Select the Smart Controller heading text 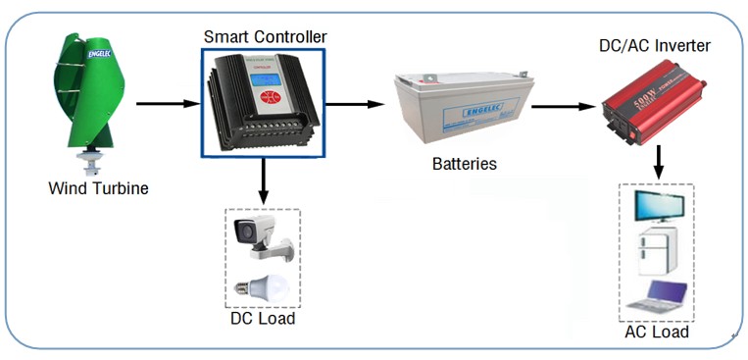265,37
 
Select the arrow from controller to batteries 354,103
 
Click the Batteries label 465,164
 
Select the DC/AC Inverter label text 655,46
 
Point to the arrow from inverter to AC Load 659,162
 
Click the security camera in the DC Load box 259,236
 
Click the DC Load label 262,319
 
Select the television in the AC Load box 658,207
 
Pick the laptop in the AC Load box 660,295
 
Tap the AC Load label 657,333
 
